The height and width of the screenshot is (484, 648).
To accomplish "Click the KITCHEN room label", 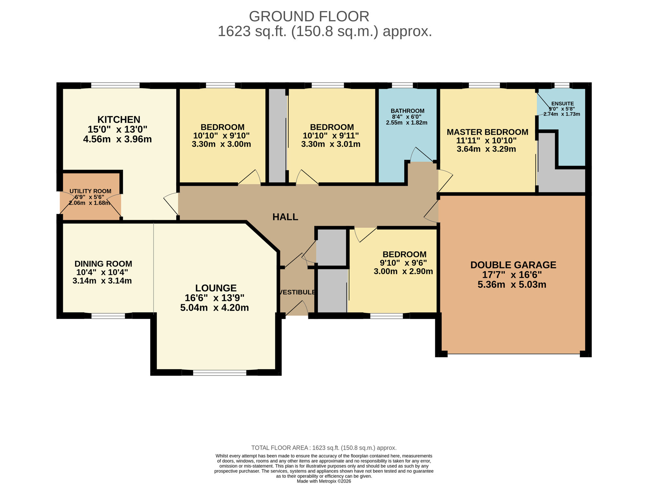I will (119, 120).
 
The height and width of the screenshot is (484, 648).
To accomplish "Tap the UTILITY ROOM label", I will (90, 191).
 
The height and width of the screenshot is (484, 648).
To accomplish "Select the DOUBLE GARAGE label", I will (513, 265).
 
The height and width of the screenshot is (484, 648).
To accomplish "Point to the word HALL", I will (285, 217).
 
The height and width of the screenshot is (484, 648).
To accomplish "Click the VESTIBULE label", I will (297, 292).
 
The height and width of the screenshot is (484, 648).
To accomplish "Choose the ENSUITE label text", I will (562, 104).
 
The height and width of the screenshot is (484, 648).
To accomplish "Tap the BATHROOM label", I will (407, 111).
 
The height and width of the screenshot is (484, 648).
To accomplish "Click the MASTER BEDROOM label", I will (487, 132).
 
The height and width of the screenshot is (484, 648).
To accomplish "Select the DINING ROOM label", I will (103, 264).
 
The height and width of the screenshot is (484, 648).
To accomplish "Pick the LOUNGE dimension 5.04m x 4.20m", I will (214, 308).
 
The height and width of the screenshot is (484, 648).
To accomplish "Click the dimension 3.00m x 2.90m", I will (403, 272).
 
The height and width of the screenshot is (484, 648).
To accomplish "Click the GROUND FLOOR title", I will (309, 17).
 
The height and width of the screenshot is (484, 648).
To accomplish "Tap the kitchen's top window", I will (115, 86).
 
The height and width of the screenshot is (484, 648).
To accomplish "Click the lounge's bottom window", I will (220, 373).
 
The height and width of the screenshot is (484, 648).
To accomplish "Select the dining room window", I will (108, 316).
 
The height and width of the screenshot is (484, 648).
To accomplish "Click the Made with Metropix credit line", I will (324, 481).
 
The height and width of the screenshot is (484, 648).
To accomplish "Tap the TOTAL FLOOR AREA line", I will (324, 448).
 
